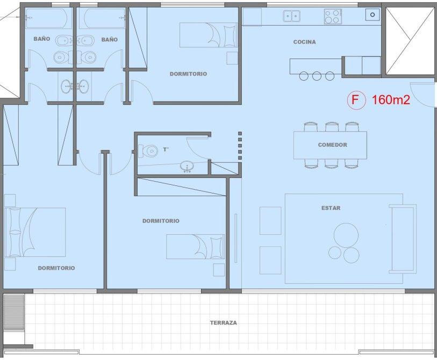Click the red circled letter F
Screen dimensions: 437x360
click(356, 100)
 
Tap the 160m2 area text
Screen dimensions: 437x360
click(391, 100)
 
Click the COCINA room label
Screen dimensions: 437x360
click(304, 42)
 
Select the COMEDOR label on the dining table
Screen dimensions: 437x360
click(333, 145)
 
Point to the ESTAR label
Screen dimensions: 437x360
click(331, 208)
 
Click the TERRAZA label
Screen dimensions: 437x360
click(223, 323)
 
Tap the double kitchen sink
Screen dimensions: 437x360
click(291, 16)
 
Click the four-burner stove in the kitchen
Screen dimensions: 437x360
click(333, 17)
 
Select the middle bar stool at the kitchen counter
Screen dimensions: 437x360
click(317, 76)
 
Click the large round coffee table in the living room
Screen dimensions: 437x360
click(346, 235)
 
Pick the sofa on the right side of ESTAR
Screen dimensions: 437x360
click(403, 239)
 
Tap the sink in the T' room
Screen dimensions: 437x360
click(187, 167)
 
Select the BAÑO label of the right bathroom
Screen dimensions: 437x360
click(110, 40)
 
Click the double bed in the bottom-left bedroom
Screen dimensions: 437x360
click(35, 232)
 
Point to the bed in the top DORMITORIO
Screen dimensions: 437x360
click(208, 35)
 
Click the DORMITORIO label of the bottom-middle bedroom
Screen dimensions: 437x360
click(161, 221)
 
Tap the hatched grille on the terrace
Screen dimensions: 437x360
click(14, 312)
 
